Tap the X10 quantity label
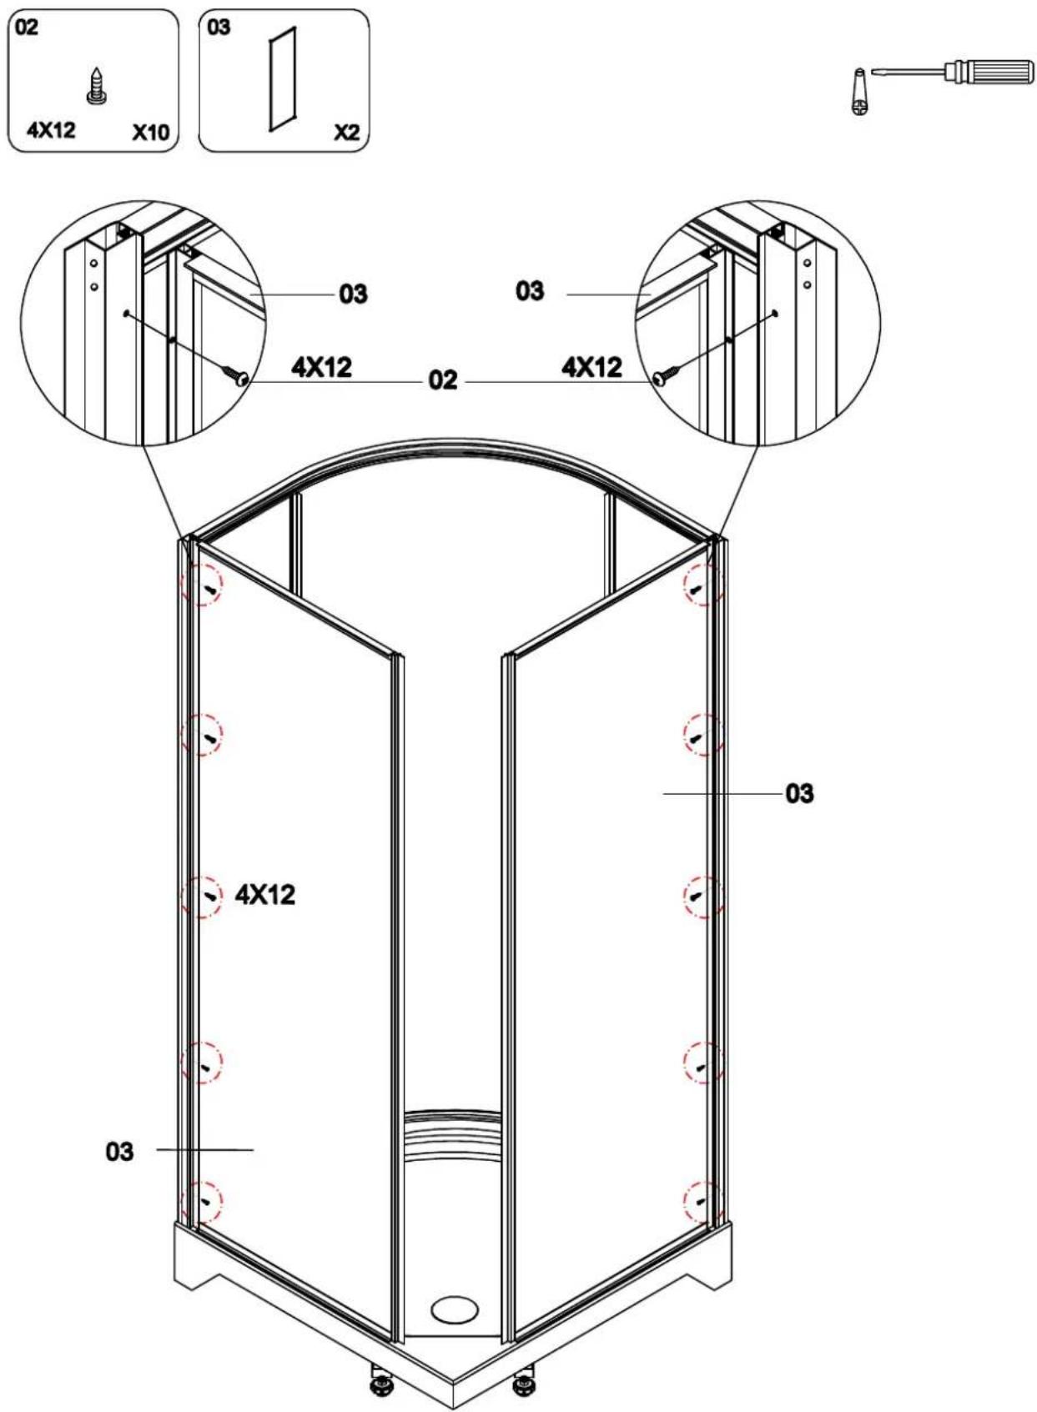[x=150, y=133]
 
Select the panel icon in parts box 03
[x=282, y=78]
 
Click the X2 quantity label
[x=346, y=133]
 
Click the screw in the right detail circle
[x=665, y=375]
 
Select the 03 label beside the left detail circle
[x=353, y=294]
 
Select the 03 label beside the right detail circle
[x=530, y=291]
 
